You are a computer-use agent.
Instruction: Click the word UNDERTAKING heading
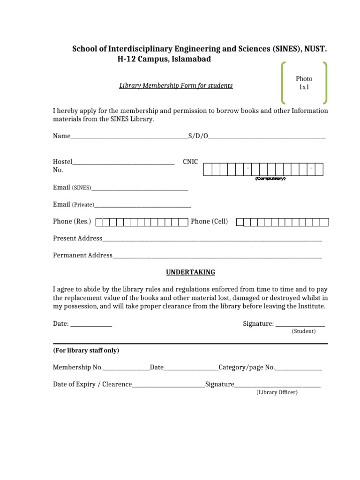point(191,272)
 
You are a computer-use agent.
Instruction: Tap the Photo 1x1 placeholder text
point(304,83)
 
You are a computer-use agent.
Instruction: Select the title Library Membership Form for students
point(176,86)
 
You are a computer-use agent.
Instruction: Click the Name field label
point(61,136)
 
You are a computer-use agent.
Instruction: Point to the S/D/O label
point(198,136)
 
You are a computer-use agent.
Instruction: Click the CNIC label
point(190,162)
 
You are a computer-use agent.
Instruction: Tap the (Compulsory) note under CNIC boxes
point(270,179)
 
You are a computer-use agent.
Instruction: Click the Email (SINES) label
point(72,187)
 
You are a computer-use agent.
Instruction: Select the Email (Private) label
point(74,204)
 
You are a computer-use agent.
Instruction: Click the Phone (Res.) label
point(72,221)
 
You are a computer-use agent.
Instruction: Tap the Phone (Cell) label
point(209,221)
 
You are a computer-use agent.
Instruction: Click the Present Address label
point(77,238)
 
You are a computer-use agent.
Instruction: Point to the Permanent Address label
point(82,255)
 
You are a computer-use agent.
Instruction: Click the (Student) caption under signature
point(304,331)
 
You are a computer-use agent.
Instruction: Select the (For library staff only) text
point(86,351)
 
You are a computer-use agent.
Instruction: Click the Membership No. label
point(77,367)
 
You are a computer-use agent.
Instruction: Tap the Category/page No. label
point(247,367)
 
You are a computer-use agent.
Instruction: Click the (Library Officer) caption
point(277,392)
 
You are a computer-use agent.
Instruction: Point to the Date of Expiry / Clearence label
point(92,384)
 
